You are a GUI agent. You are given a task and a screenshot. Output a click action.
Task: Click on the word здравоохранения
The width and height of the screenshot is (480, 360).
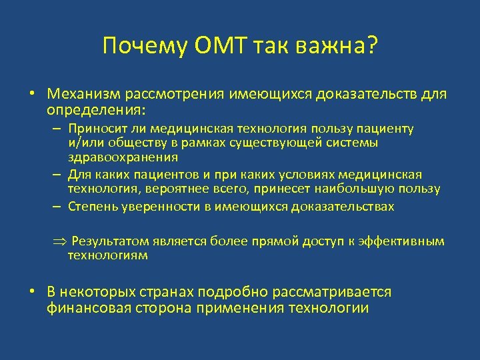click(x=123, y=157)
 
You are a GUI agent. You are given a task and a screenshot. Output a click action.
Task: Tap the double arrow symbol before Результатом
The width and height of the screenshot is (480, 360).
click(x=59, y=241)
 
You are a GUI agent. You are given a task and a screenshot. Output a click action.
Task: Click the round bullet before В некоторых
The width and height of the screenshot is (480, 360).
click(x=32, y=293)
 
